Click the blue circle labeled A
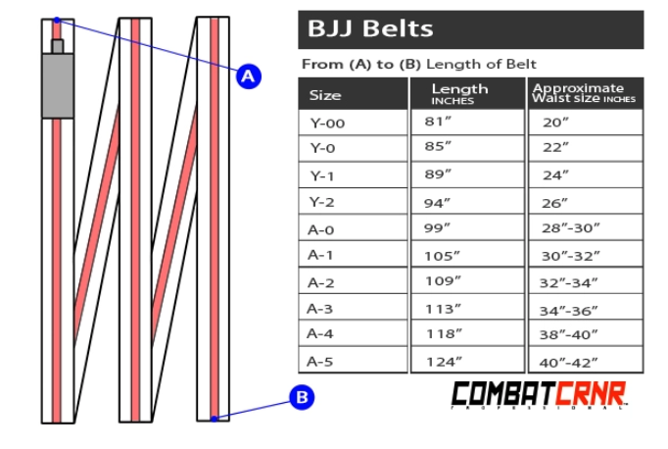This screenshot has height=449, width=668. [248, 75]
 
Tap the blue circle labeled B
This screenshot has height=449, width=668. [303, 398]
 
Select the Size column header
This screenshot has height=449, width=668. [326, 95]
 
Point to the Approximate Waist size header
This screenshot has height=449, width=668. [584, 93]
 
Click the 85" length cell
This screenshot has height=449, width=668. [439, 148]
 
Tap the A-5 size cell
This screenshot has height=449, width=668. [321, 361]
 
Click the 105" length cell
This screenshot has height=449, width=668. [441, 255]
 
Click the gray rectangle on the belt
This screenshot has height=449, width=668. [57, 85]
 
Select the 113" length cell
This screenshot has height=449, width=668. [441, 308]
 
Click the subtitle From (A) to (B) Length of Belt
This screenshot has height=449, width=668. [419, 65]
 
